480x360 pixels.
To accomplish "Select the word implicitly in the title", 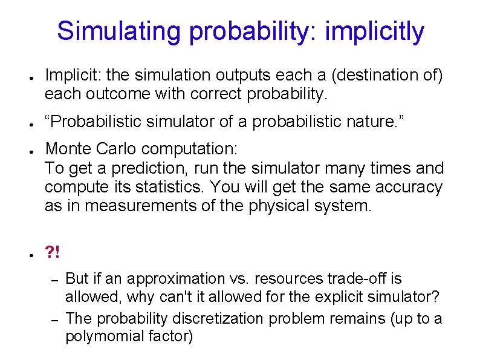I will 374,31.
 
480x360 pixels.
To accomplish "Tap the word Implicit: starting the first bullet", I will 72,76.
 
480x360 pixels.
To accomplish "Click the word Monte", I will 68,149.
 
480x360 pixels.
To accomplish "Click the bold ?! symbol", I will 53,252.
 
